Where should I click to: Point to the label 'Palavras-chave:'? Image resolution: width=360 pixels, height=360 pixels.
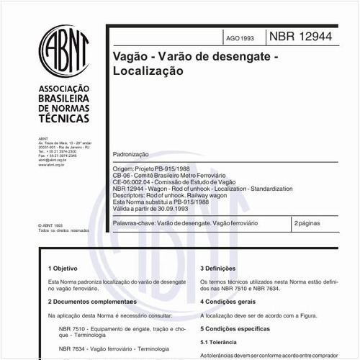point(135,225)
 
